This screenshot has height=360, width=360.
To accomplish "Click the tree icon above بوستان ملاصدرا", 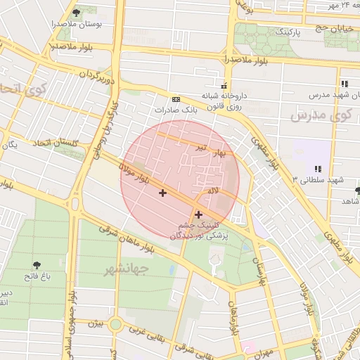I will tap(76, 13).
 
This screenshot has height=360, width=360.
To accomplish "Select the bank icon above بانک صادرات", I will tap(175, 99).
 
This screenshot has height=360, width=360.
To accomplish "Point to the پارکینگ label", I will tap(287, 32).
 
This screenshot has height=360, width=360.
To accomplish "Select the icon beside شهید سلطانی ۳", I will tap(318, 168).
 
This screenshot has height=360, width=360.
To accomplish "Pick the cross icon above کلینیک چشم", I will tap(198, 214).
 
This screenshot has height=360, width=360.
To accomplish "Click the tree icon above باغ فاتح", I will tap(37, 265).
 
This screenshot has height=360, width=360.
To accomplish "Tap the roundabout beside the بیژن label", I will tap(115, 324).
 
